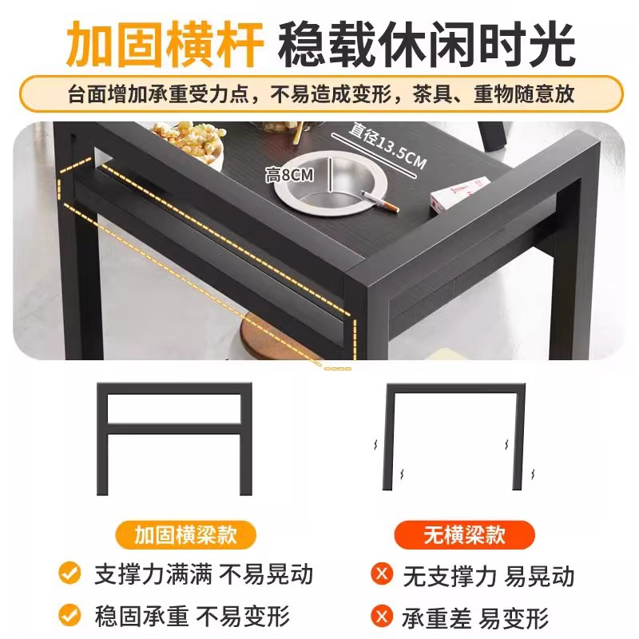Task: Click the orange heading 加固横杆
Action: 165,44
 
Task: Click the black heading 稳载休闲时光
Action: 427,44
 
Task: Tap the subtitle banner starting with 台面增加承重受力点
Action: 321,93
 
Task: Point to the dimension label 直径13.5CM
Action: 387,145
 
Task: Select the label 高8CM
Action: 290,175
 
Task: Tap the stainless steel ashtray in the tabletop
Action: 330,184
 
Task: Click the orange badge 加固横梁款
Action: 186,534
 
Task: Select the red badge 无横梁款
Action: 465,534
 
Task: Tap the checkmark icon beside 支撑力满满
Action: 69,573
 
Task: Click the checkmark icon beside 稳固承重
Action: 69,614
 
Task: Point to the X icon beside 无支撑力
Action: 382,574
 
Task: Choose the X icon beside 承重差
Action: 382,616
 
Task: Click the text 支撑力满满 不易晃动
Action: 204,574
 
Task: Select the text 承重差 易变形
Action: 475,618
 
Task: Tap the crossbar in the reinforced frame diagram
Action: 174,429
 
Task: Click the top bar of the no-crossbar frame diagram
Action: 455,388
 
